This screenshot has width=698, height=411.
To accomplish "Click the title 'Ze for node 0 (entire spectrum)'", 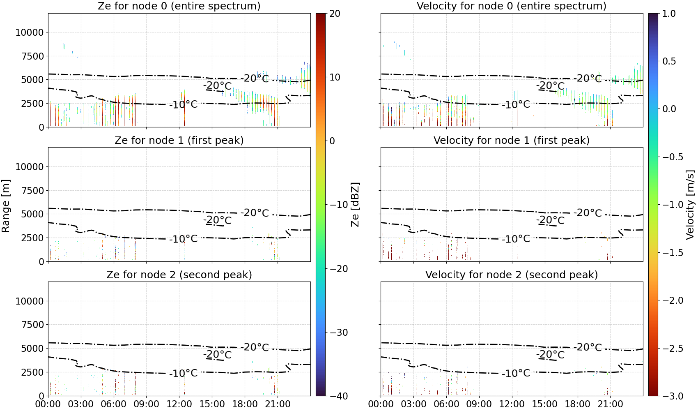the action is (179, 6).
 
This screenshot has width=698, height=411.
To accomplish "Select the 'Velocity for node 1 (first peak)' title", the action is (512, 140).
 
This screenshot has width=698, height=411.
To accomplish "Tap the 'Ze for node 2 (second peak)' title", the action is (179, 275).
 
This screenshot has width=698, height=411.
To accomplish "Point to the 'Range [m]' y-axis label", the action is (6, 206).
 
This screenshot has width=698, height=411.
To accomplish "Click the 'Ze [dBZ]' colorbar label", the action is (355, 205).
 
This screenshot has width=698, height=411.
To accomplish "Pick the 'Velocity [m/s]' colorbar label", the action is (690, 205).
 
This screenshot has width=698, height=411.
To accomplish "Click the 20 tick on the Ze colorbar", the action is (335, 14).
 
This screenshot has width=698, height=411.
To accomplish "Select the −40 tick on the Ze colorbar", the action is (338, 396).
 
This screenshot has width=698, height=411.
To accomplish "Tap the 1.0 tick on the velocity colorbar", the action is (668, 14).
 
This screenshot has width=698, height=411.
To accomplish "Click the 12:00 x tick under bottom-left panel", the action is (179, 404).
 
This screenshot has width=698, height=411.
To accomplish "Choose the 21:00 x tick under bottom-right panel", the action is (610, 404).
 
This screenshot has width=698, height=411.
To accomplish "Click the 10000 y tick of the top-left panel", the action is (30, 32).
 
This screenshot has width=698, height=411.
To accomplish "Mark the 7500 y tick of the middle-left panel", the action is (32, 191).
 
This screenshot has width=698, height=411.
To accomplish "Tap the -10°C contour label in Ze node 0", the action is (184, 104).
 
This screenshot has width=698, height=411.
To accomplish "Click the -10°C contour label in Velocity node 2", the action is (516, 373).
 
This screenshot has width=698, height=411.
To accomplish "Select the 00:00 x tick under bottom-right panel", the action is (381, 404).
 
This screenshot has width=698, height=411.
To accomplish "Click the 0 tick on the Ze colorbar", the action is (332, 141).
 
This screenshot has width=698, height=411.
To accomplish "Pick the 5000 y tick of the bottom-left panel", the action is (32, 349).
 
